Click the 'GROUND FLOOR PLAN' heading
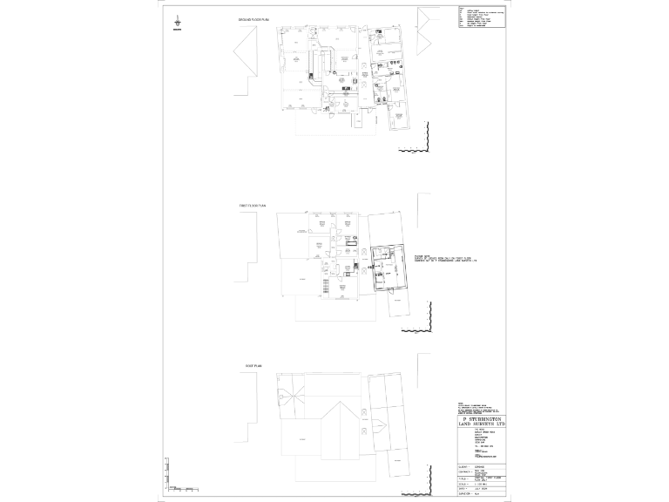tap(253, 20)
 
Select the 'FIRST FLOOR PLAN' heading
tap(253, 206)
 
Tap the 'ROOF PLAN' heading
tap(243, 368)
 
